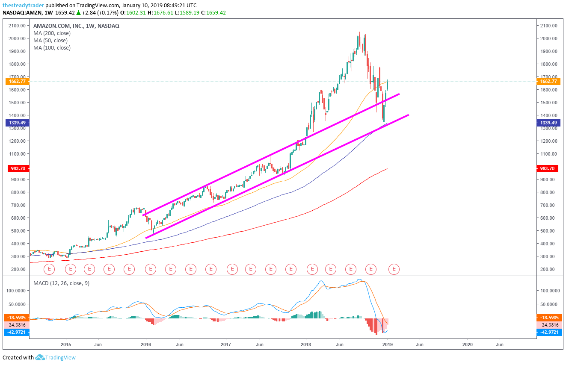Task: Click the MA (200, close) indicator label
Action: coord(52,33)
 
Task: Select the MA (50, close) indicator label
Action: coord(50,40)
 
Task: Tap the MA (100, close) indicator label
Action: coord(52,47)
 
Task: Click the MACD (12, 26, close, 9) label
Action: coord(61,283)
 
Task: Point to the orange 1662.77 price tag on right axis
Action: coord(548,81)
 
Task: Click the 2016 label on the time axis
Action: coord(146,344)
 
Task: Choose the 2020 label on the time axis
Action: coord(468,344)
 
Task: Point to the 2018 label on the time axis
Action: coord(306,344)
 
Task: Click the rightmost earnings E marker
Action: coord(394,269)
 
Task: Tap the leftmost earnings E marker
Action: coord(49,269)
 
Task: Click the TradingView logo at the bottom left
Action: coord(56,357)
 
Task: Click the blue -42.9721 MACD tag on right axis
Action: coord(548,332)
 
